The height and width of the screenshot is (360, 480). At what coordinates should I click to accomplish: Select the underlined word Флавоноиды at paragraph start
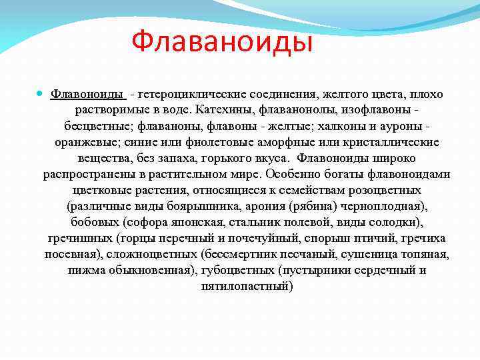(x=86, y=95)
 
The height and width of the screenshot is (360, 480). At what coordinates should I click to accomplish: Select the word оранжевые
(x=86, y=143)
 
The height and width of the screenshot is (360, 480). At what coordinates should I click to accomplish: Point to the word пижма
(x=84, y=271)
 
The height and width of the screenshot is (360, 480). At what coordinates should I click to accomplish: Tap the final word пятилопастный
(x=247, y=287)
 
